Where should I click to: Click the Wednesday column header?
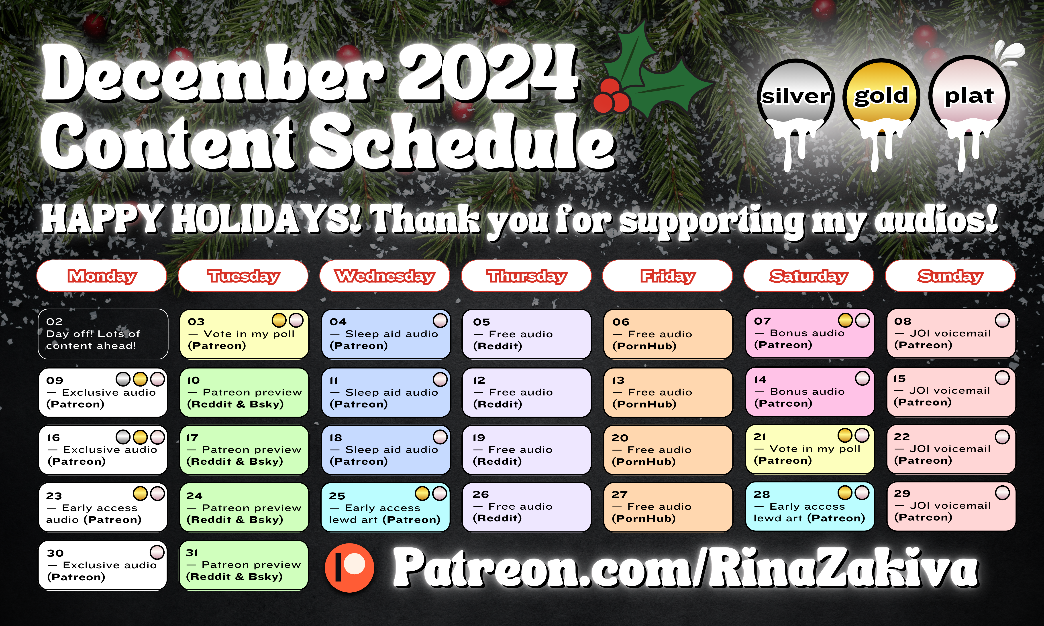click(x=385, y=276)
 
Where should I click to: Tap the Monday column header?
click(x=102, y=276)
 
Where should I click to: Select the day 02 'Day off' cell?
click(x=103, y=334)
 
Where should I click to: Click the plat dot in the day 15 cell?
click(x=1002, y=378)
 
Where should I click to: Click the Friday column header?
click(x=667, y=276)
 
